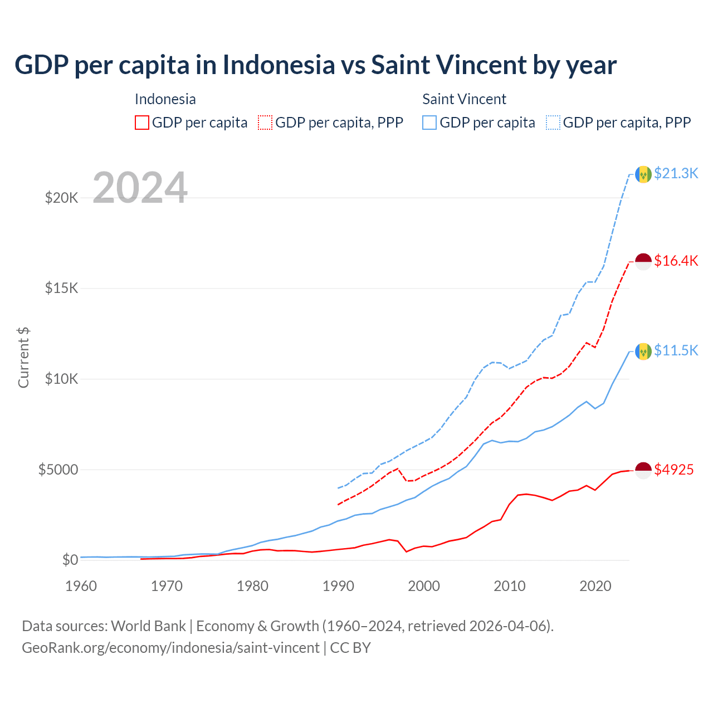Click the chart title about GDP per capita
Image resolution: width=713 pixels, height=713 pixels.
pyautogui.click(x=315, y=65)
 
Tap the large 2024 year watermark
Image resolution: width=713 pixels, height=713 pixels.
pyautogui.click(x=140, y=188)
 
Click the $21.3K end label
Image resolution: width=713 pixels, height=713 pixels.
pyautogui.click(x=676, y=174)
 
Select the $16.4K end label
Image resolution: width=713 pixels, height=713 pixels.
pyautogui.click(x=676, y=261)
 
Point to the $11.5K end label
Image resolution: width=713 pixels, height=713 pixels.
pyautogui.click(x=676, y=350)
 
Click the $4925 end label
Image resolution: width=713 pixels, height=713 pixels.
pyautogui.click(x=673, y=470)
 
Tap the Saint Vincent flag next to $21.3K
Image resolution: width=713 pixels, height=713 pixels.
pyautogui.click(x=643, y=174)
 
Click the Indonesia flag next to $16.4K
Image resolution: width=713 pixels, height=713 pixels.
pyautogui.click(x=643, y=261)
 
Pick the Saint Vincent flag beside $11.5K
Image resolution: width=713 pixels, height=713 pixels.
pyautogui.click(x=643, y=351)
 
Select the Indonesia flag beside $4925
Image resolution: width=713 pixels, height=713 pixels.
pyautogui.click(x=643, y=470)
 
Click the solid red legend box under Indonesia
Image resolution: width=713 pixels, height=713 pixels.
pyautogui.click(x=142, y=123)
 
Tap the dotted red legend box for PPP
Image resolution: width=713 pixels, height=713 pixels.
pyautogui.click(x=266, y=123)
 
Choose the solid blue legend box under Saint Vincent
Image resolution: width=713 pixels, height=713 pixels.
pyautogui.click(x=429, y=123)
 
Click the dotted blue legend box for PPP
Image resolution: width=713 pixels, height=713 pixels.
pyautogui.click(x=553, y=123)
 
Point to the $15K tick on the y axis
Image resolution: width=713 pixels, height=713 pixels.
pyautogui.click(x=62, y=289)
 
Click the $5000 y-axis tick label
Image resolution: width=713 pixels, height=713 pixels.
pyautogui.click(x=58, y=470)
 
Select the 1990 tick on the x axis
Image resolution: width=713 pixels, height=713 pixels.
pyautogui.click(x=338, y=586)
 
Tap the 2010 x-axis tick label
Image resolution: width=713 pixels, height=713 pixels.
pyautogui.click(x=510, y=586)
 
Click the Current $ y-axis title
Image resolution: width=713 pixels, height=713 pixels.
pyautogui.click(x=23, y=358)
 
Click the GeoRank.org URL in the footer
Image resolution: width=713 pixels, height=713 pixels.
pyautogui.click(x=170, y=648)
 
